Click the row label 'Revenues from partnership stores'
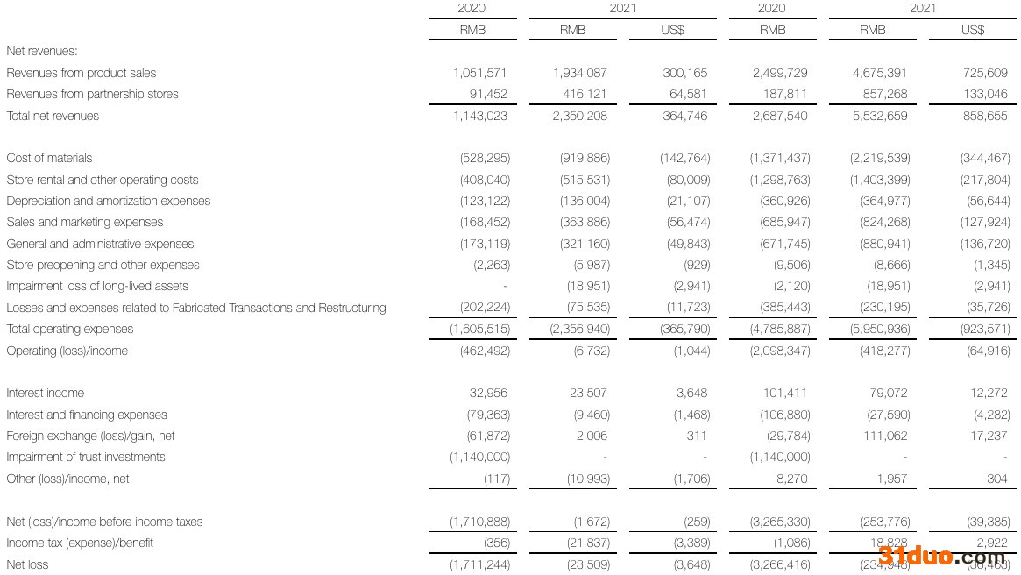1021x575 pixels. [92, 95]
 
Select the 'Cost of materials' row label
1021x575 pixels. [49, 159]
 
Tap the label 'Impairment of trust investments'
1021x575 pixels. [86, 458]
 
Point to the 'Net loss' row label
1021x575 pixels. [28, 564]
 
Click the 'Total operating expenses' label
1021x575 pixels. [70, 330]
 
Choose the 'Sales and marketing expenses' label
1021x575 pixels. [85, 223]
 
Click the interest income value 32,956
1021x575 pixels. [488, 394]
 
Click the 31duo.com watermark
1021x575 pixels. [942, 556]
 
